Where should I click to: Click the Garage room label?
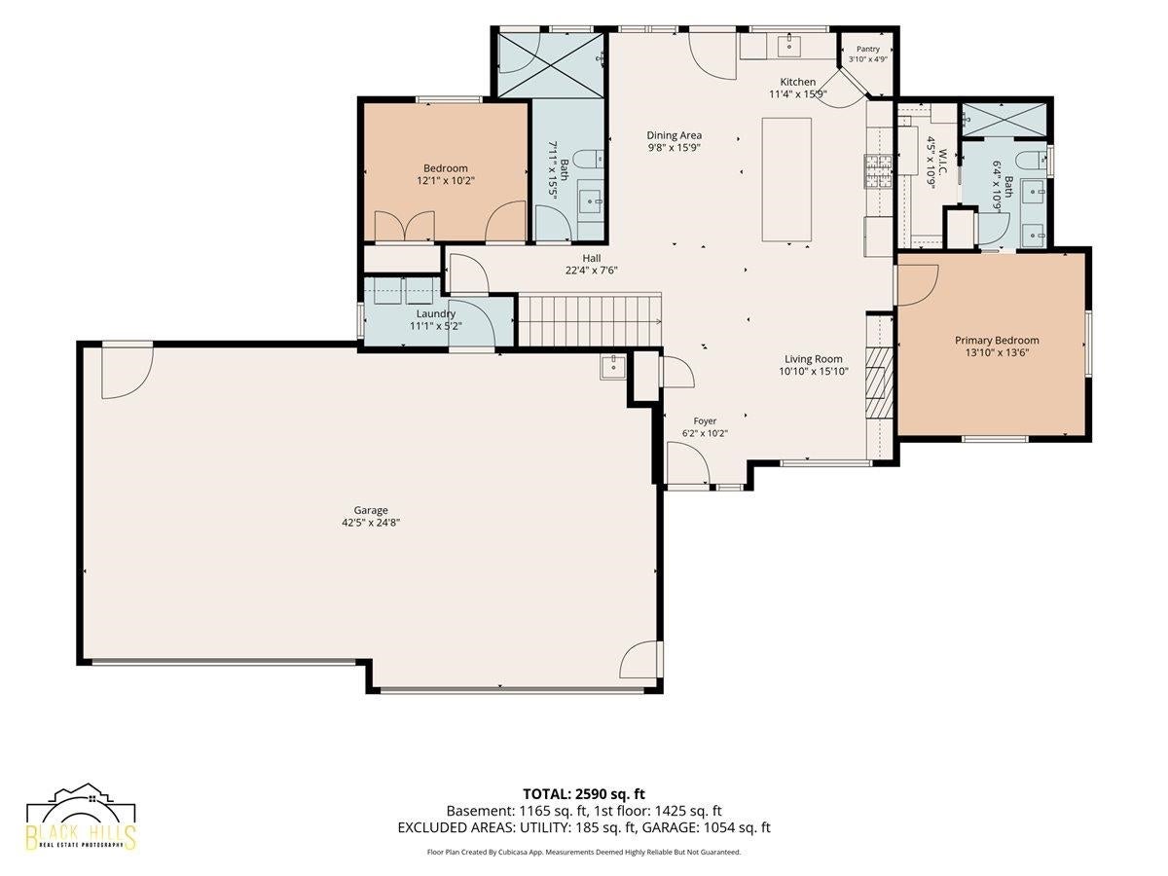[x=371, y=510]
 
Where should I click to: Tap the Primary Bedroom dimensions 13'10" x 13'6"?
[x=996, y=352]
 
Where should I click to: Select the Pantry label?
[x=868, y=49]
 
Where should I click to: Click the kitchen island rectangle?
[x=786, y=180]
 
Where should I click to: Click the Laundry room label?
[x=436, y=313]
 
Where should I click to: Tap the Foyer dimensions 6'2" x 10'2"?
[x=705, y=433]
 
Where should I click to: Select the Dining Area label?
[x=674, y=135]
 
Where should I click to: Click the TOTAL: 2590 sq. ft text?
[x=584, y=794]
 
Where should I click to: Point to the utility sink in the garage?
[x=613, y=367]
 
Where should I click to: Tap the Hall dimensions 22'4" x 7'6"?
[x=591, y=271]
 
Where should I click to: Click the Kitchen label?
[x=797, y=82]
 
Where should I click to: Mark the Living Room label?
[x=813, y=359]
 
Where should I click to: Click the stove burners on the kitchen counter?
[x=878, y=170]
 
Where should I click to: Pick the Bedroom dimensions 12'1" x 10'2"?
[x=446, y=181]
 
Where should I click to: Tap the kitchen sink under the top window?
[x=788, y=46]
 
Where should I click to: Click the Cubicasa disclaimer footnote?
[x=584, y=852]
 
